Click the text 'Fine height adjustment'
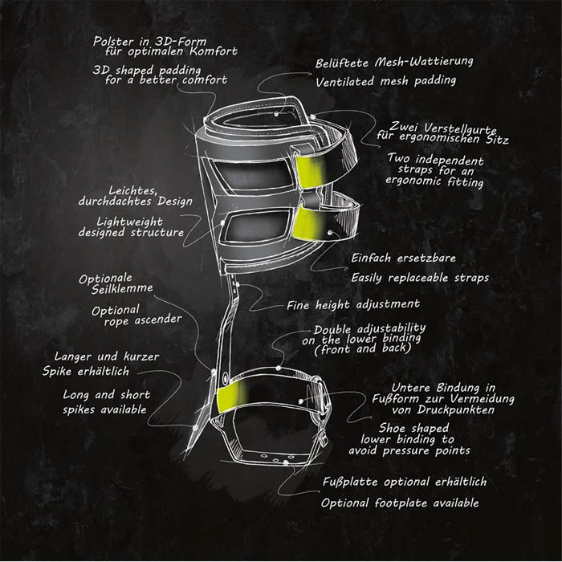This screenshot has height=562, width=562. pos(353,304)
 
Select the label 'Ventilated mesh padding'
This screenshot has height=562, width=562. pos(385,81)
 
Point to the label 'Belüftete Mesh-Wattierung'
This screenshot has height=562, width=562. pos(394,62)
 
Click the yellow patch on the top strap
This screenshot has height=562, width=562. pos(311,170)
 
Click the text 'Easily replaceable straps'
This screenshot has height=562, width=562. pos(420,278)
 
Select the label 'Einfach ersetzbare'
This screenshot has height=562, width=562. pos(403,258)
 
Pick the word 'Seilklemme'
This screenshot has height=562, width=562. pos(122,288)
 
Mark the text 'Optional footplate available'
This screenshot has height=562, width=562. pos(400,503)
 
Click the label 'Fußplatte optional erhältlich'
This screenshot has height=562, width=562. pos(405,482)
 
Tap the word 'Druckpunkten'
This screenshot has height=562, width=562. pos(455,409)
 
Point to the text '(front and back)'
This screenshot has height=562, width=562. pos(362,348)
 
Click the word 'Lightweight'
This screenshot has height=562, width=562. pos(129,222)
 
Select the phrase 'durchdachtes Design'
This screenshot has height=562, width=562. pos(136,202)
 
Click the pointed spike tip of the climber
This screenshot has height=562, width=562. pos(185,458)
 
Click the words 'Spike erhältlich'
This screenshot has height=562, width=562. pos(86,371)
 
